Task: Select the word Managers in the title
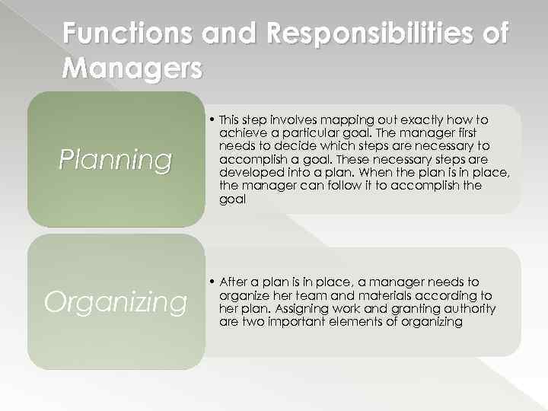click(132, 68)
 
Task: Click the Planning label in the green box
click(116, 160)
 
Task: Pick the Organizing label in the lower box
click(116, 302)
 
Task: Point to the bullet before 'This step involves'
click(211, 119)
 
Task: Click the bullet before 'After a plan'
click(211, 282)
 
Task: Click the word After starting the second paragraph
click(232, 282)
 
